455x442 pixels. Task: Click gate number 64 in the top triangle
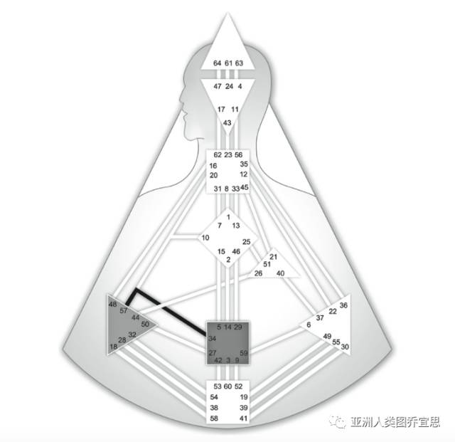(217, 63)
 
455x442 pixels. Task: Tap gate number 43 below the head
(227, 123)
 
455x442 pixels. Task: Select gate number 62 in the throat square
(217, 155)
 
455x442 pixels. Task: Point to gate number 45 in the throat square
(245, 188)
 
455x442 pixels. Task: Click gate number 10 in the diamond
(205, 238)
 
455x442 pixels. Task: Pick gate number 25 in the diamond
(247, 242)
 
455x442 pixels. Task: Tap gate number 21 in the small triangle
(273, 257)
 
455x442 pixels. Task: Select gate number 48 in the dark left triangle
(112, 305)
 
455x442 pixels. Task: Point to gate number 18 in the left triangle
(113, 347)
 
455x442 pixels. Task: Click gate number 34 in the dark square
(212, 338)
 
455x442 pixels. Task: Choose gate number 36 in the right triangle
(343, 305)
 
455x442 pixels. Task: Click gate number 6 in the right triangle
(309, 325)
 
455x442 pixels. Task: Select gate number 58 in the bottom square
(215, 419)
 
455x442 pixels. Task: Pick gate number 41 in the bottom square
(243, 419)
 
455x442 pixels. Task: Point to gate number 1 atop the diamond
(228, 216)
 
